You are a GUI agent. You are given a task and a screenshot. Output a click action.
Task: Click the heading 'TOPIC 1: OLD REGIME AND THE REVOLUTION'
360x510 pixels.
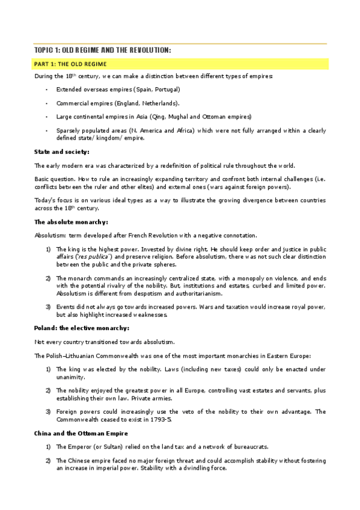[x=102, y=51]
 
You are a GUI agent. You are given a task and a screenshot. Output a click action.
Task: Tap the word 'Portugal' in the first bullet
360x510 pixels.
[x=167, y=89]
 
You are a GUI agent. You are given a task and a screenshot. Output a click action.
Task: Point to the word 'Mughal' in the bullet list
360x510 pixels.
[x=185, y=116]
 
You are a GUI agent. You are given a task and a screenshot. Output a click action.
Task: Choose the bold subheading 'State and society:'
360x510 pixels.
[x=62, y=152]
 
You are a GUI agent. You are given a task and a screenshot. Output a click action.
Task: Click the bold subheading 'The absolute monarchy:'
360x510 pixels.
[x=70, y=223]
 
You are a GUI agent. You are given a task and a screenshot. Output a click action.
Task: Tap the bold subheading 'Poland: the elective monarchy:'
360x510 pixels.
[x=81, y=328]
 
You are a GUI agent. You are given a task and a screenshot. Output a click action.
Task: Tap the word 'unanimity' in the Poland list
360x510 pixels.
[x=71, y=376]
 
